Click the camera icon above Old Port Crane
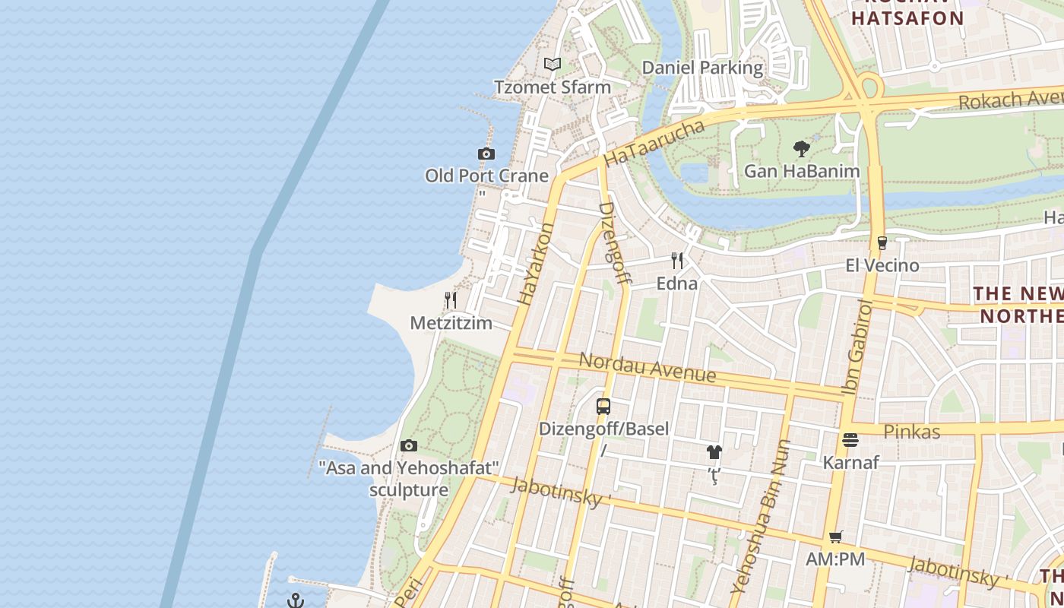(486, 154)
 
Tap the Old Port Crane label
(486, 176)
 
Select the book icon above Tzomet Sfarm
(553, 65)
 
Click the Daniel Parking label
(702, 68)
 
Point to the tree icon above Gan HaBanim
(801, 148)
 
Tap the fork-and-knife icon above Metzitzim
(451, 300)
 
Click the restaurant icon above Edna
(677, 261)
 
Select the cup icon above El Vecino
(882, 243)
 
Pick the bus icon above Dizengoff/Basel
(603, 407)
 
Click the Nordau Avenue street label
(648, 367)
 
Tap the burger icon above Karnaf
(850, 440)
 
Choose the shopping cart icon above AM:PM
(836, 537)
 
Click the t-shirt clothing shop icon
(714, 452)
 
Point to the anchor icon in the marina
(296, 601)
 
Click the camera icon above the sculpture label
(409, 446)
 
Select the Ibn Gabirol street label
(857, 348)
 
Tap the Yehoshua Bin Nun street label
(762, 517)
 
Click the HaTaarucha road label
(654, 143)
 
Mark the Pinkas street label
(912, 432)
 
